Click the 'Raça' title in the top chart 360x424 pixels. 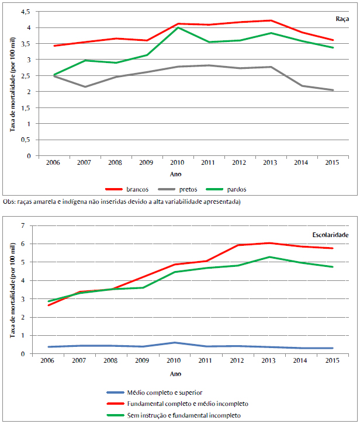tap(341, 19)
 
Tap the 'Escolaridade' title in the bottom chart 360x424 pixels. tap(330, 235)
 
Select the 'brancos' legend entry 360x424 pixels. tap(136, 189)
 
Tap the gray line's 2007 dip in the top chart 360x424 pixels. tap(85, 87)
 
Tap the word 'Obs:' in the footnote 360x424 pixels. tap(9, 201)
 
